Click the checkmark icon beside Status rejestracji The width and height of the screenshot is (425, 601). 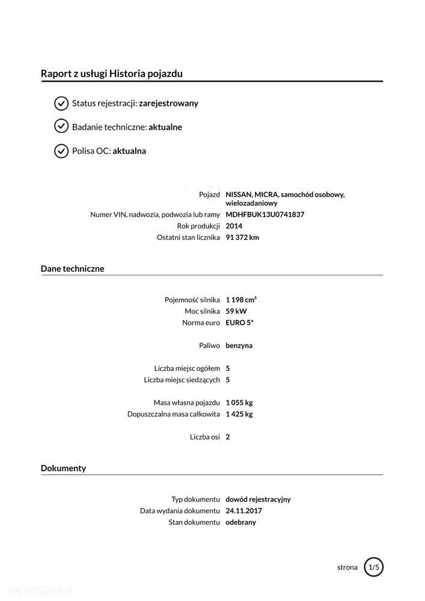point(61,103)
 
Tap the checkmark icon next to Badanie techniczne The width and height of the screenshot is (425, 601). point(61,127)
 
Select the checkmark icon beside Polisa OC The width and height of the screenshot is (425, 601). point(61,151)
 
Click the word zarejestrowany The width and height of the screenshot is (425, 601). point(168,103)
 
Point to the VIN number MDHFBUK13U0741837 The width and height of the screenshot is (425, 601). point(265,215)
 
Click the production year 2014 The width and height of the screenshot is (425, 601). point(234,226)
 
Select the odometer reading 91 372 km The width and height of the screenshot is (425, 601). point(242,237)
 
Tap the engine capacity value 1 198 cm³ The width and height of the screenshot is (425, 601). point(241,299)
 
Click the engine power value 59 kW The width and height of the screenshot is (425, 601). point(236,311)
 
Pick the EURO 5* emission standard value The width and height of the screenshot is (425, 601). point(240,323)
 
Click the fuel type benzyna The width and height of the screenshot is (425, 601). point(239,346)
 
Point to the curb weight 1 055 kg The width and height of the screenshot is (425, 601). point(239,402)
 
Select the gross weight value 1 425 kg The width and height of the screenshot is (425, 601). point(239,414)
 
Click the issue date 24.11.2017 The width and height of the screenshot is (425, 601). point(243,511)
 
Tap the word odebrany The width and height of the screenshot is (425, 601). point(240,522)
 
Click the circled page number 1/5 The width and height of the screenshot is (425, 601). point(373,567)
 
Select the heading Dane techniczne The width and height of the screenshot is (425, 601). point(72,269)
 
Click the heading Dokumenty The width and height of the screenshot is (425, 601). point(63,468)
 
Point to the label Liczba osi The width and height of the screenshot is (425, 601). point(205,437)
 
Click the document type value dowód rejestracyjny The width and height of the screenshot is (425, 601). point(258,499)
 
